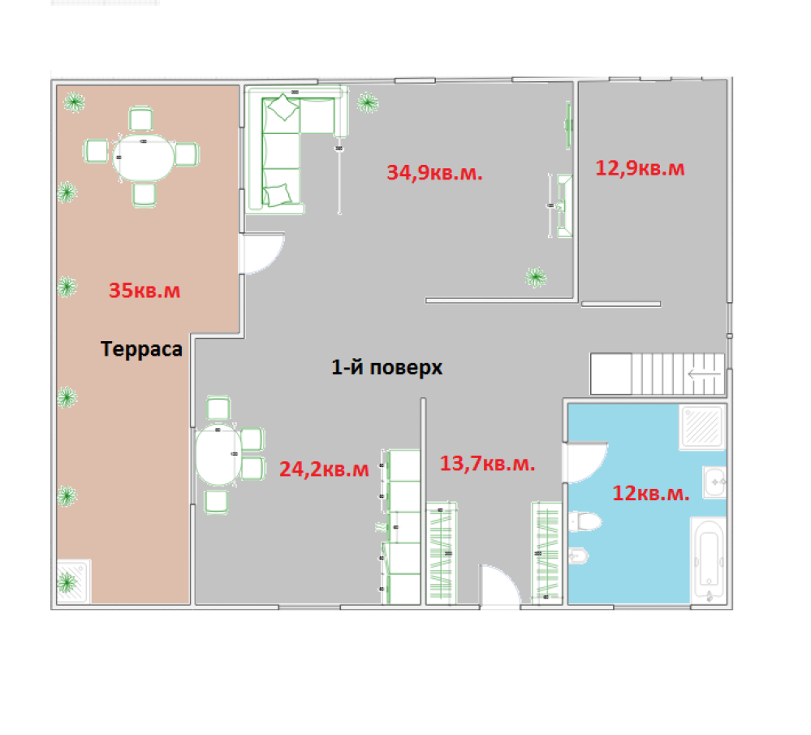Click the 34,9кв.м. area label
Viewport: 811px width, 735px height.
[434, 172]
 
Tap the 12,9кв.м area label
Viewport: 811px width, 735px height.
[640, 168]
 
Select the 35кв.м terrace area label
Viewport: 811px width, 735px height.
[145, 291]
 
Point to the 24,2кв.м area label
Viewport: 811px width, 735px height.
[324, 469]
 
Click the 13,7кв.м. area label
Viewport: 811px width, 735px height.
[487, 463]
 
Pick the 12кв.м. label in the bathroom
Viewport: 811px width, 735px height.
[650, 493]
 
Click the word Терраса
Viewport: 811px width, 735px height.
[141, 349]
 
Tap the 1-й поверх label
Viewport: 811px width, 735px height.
[387, 367]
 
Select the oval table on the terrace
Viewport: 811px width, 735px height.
[143, 157]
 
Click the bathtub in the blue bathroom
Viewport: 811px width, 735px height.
[708, 560]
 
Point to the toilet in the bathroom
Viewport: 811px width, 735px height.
[585, 521]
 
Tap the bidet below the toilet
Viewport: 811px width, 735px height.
[578, 556]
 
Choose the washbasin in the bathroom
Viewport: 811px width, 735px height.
[714, 482]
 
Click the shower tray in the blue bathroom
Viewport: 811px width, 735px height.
[702, 426]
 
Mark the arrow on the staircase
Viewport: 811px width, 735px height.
[704, 374]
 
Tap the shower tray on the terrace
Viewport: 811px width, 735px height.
[73, 582]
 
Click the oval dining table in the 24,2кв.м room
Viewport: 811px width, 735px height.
[218, 455]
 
